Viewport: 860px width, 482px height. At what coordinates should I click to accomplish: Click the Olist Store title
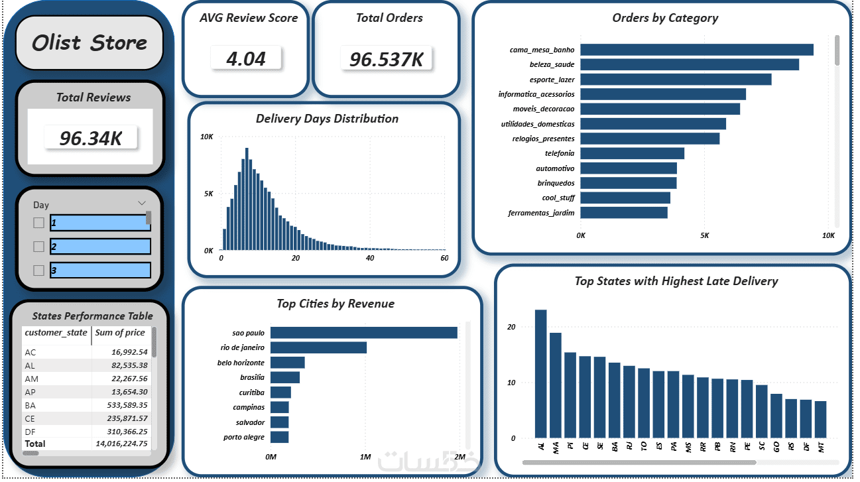[90, 42]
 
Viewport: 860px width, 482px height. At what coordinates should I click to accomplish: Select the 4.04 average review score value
[246, 59]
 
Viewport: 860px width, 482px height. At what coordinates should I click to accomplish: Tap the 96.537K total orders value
[386, 60]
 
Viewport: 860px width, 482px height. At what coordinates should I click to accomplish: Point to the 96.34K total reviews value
[91, 138]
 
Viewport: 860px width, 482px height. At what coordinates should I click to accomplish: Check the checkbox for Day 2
[38, 247]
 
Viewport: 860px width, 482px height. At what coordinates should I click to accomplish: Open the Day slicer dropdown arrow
[142, 203]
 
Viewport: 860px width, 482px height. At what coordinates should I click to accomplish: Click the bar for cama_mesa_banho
[697, 50]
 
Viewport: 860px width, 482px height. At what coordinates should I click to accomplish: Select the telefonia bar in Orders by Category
[633, 153]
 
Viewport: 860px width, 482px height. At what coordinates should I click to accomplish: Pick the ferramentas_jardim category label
[541, 213]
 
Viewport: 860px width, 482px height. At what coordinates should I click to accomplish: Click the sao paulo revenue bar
[364, 333]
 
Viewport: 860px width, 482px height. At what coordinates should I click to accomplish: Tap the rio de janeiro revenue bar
[319, 347]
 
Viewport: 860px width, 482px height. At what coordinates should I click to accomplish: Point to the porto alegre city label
[244, 437]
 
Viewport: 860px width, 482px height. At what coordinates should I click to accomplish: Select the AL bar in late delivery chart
[541, 374]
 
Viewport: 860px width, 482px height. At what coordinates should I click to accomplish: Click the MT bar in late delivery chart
[820, 420]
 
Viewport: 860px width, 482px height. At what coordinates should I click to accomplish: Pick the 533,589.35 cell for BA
[127, 405]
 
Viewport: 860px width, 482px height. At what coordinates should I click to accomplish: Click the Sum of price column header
[120, 333]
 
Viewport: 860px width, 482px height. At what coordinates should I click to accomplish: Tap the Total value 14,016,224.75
[121, 444]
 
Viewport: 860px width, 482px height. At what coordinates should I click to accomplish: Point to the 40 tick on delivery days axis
[370, 258]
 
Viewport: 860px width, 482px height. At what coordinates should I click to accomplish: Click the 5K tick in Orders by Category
[704, 235]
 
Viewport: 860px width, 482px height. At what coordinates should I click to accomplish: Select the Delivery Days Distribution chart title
[327, 119]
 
